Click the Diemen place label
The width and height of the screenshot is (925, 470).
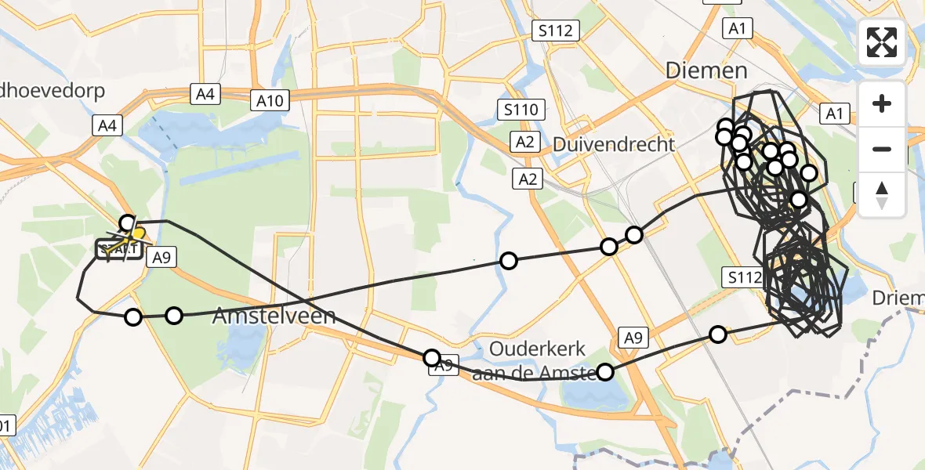pos(706,71)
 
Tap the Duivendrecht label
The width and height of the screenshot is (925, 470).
pos(614,145)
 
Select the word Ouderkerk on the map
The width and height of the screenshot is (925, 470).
pos(529,349)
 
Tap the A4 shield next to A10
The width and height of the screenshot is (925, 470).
pos(205,94)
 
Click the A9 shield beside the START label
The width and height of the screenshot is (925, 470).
pos(161,257)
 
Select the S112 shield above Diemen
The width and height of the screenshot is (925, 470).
pos(556,31)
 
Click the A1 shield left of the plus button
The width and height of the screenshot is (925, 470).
pos(834,114)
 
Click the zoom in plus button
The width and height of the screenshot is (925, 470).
pos(882,104)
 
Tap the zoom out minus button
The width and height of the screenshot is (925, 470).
pos(882,149)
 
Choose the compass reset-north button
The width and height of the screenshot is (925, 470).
pos(882,194)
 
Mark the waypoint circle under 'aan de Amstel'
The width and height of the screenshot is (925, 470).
pos(605,371)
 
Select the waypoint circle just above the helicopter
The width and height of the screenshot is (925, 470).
pos(127,223)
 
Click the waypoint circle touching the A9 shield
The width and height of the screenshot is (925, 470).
pos(431,358)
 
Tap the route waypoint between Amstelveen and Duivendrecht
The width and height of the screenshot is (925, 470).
pos(509,261)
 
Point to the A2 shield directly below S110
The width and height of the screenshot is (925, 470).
pos(524,142)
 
